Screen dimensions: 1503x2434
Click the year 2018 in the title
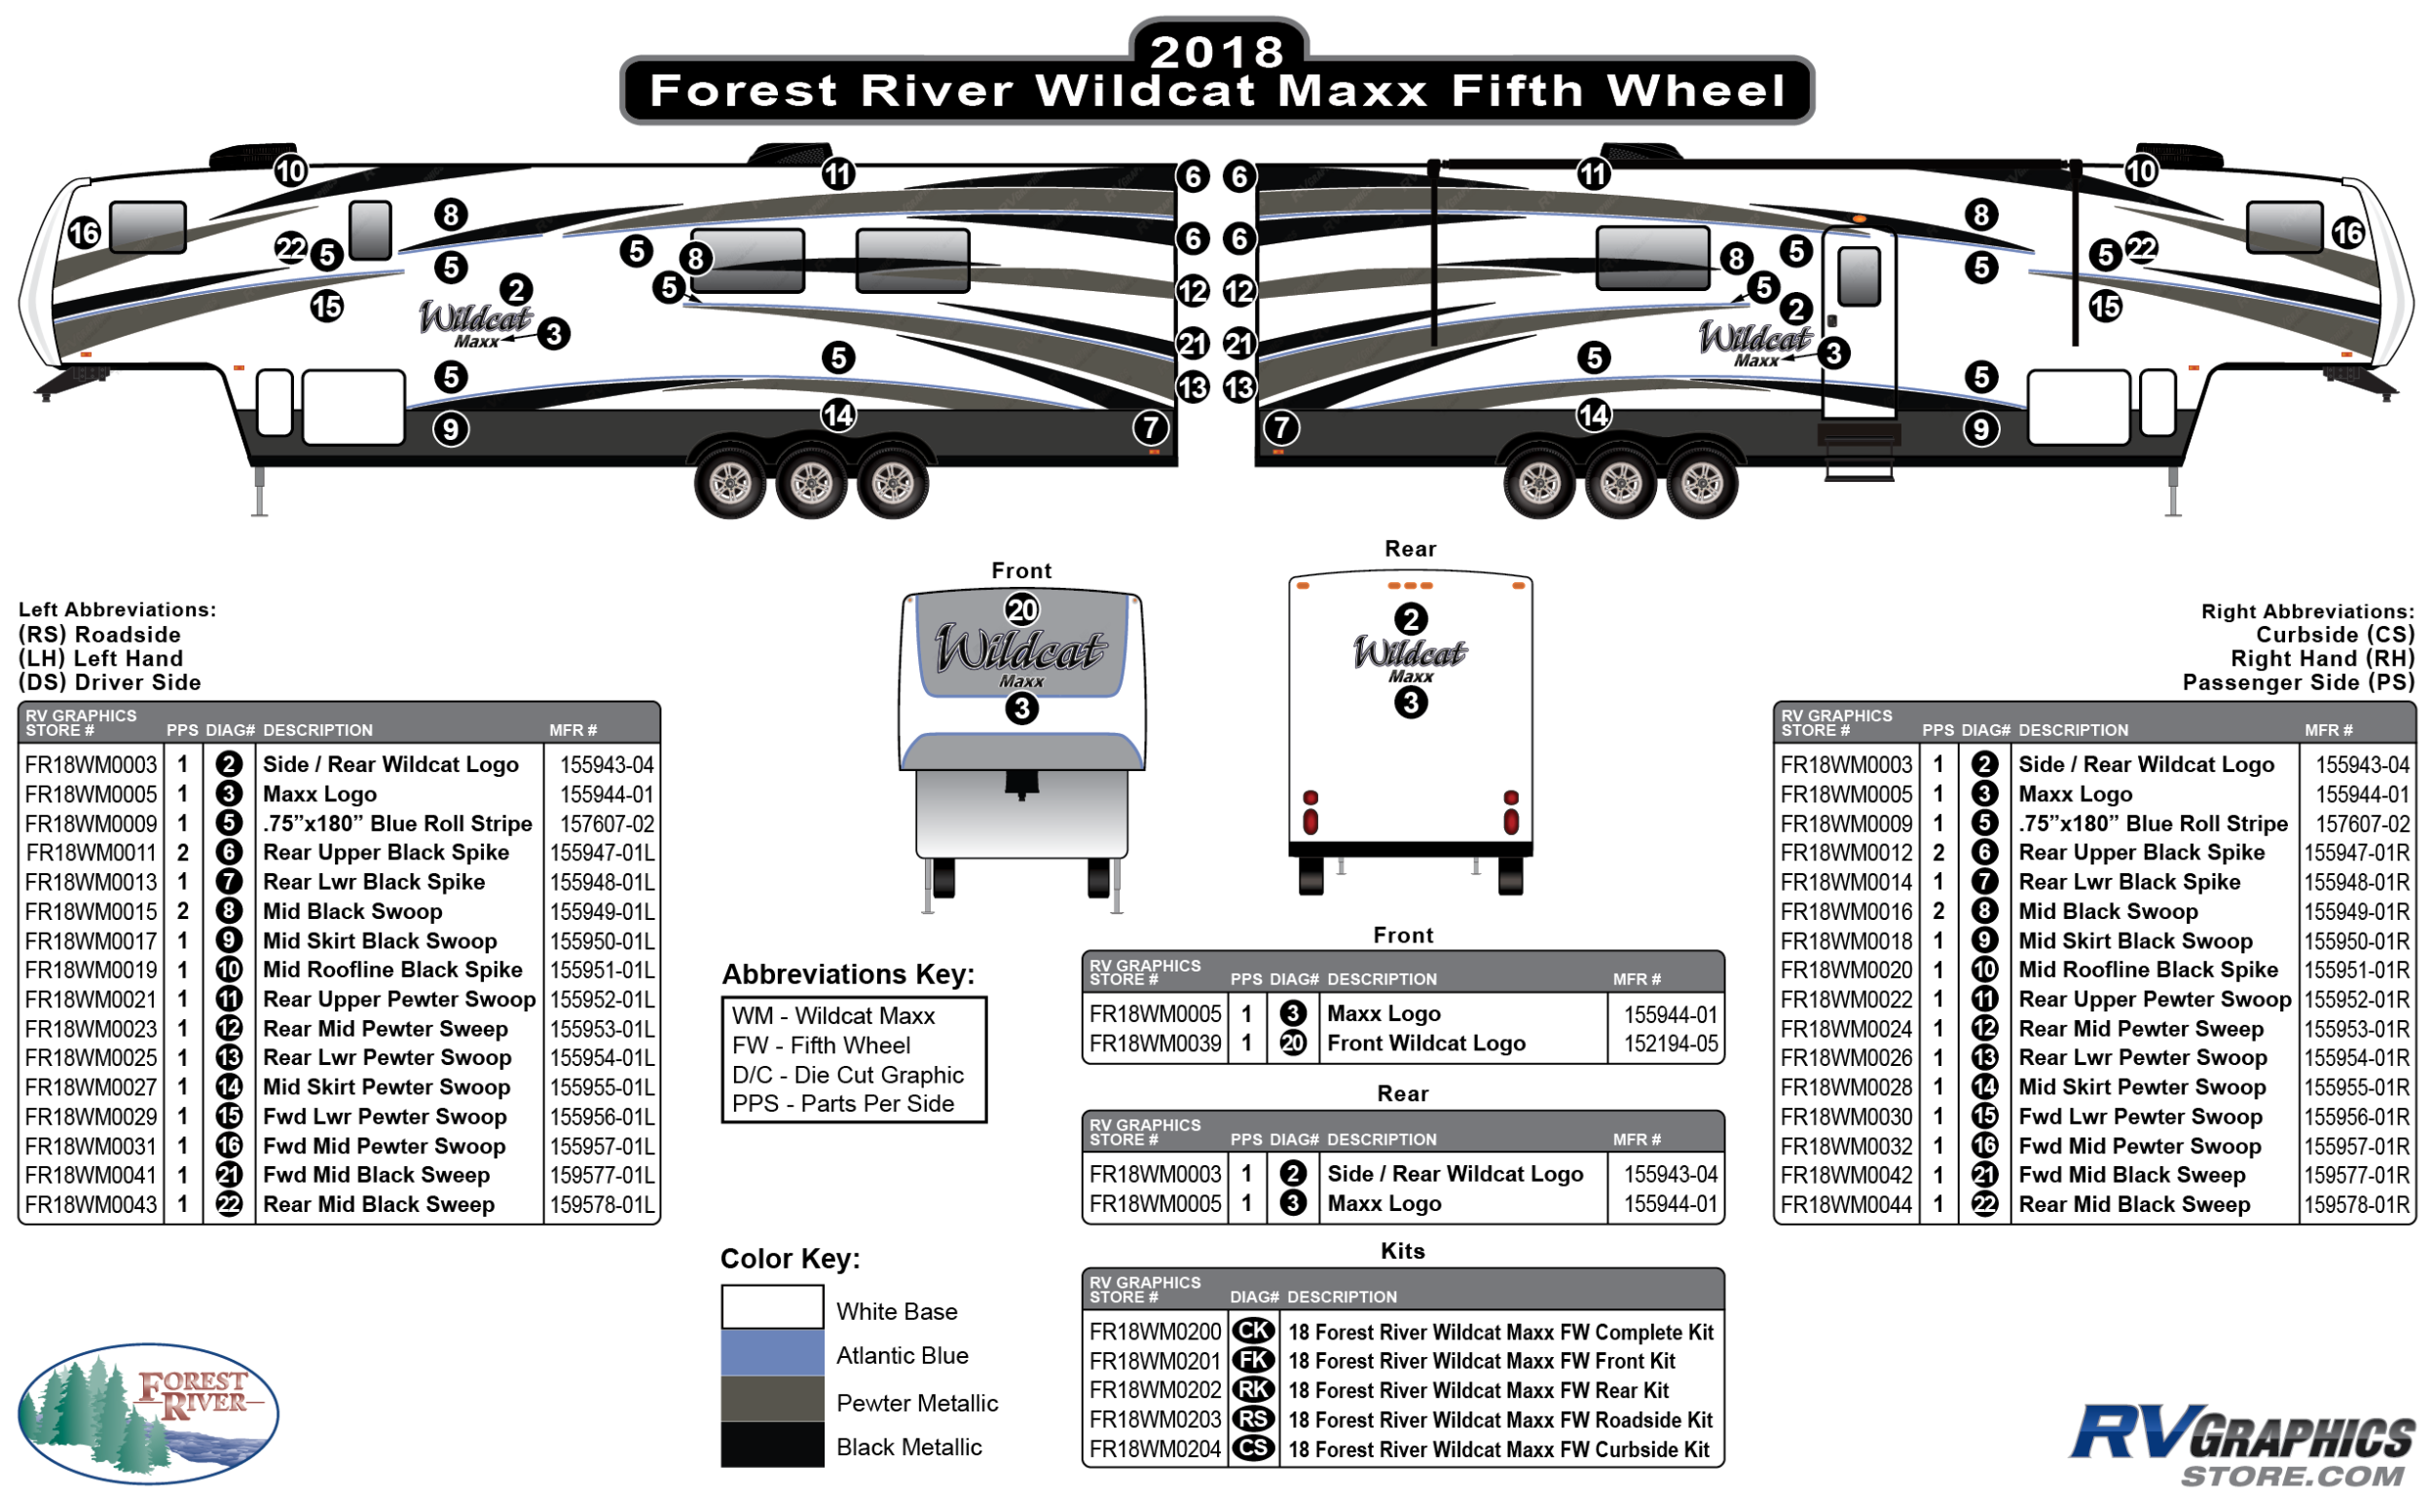pos(1217,52)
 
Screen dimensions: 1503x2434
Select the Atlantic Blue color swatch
pos(773,1354)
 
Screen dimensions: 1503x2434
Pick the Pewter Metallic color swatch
pos(773,1400)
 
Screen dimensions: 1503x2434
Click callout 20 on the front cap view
pos(1021,609)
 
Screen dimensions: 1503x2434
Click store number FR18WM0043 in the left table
pos(92,1205)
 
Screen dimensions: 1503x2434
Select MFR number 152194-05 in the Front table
pos(1671,1044)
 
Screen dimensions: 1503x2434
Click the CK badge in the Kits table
pos(1253,1331)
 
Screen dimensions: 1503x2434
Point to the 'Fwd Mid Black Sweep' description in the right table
pos(2132,1175)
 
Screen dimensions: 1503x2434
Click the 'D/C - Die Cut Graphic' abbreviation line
pos(847,1075)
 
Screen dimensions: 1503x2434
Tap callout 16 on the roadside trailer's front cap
pos(85,234)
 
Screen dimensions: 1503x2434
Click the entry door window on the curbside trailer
pos(1859,276)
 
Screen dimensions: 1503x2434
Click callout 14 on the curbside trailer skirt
pos(1593,415)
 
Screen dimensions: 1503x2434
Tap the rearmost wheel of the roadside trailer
pos(892,484)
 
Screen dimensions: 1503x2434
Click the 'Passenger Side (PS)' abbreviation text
pos(2297,683)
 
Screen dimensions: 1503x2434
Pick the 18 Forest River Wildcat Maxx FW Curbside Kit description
pos(1498,1449)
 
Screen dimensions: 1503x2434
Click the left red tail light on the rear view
pos(1310,813)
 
